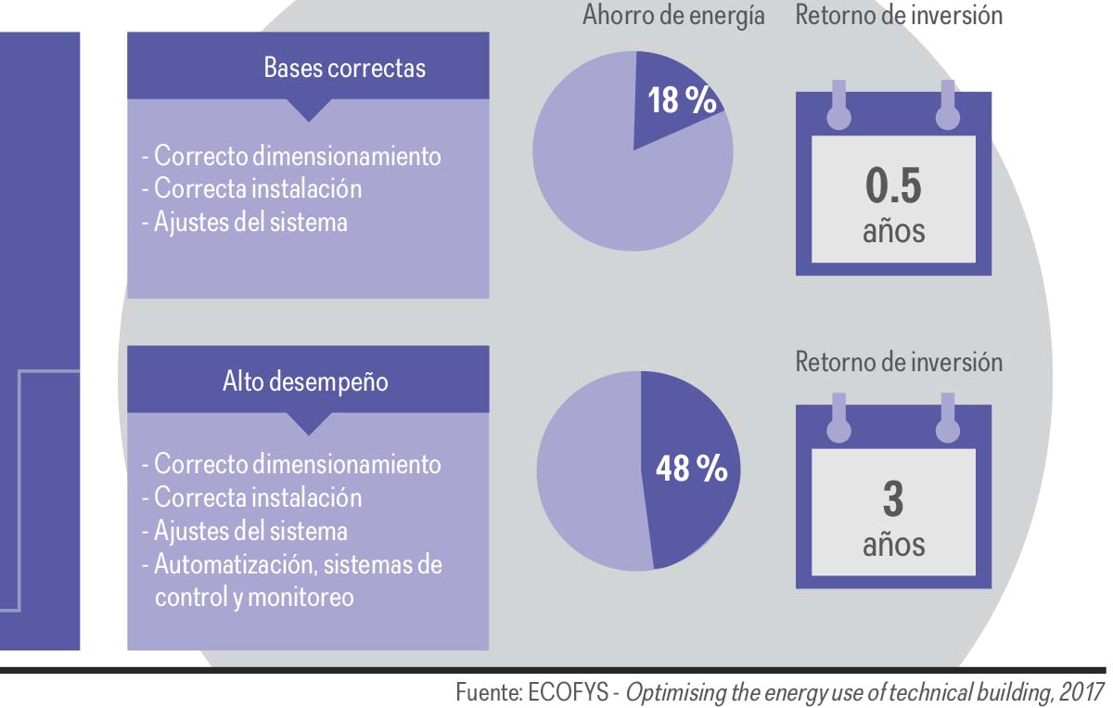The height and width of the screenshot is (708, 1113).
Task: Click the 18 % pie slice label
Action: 682,100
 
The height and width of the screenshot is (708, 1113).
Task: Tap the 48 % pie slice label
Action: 691,469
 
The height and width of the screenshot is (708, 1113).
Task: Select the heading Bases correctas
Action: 344,68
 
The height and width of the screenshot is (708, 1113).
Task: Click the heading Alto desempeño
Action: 305,381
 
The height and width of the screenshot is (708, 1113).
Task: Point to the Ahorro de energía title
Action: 673,16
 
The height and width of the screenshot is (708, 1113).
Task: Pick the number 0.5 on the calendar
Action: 893,187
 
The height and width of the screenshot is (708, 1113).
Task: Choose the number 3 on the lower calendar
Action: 893,499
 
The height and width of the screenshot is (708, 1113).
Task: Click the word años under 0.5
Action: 893,229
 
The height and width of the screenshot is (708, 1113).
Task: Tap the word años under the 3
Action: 893,543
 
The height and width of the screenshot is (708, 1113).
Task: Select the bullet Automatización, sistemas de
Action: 298,564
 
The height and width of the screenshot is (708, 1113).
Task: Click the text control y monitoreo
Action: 254,597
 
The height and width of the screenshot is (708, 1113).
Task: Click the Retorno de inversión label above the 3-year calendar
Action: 899,361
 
